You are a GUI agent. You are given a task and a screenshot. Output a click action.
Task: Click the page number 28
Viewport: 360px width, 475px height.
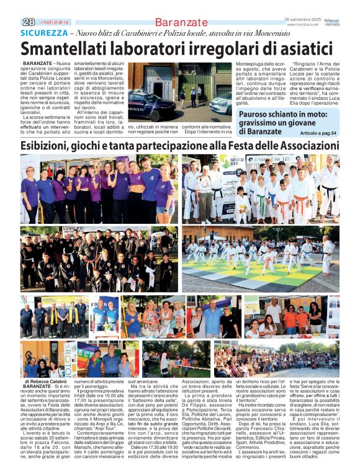click(28, 22)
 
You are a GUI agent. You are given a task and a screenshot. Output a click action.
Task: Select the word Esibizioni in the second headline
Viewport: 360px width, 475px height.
click(52, 146)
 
